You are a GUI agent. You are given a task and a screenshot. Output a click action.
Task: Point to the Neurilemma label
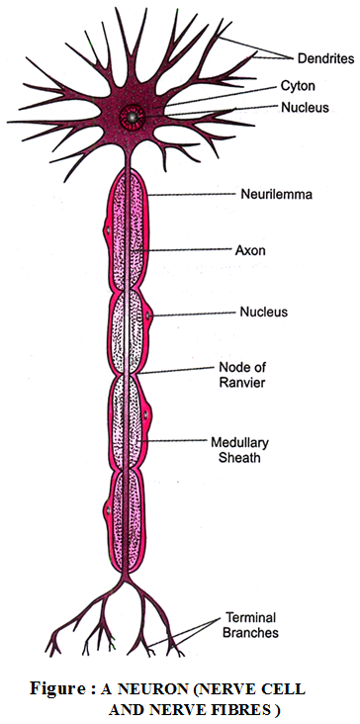point(277,195)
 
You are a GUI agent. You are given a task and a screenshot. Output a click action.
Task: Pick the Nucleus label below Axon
point(263,312)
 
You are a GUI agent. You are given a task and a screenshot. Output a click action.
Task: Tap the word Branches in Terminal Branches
point(251,632)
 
